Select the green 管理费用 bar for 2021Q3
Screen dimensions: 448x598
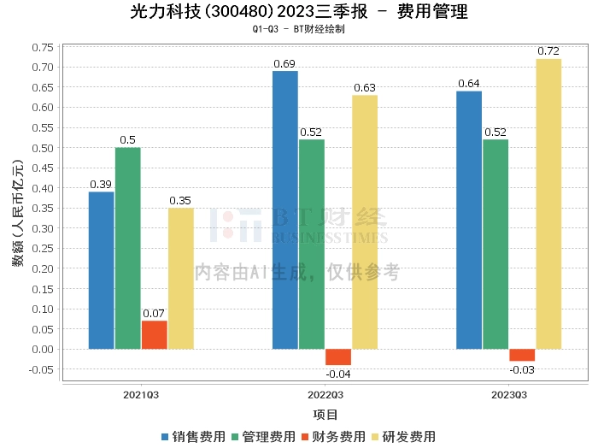pyautogui.click(x=128, y=248)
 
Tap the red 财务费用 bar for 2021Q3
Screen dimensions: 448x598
pyautogui.click(x=155, y=334)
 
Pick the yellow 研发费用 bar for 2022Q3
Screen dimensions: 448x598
pyautogui.click(x=365, y=221)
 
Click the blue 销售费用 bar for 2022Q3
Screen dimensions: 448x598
pyautogui.click(x=285, y=209)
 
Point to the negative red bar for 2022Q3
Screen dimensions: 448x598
pyautogui.click(x=338, y=357)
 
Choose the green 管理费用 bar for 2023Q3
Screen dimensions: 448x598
pyautogui.click(x=495, y=244)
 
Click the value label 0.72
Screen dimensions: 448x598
pyautogui.click(x=548, y=51)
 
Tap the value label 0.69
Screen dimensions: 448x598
pyautogui.click(x=285, y=63)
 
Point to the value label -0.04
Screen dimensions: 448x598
pyautogui.click(x=338, y=374)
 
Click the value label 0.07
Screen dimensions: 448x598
pyautogui.click(x=155, y=313)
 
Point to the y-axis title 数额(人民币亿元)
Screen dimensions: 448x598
pyautogui.click(x=17, y=213)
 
